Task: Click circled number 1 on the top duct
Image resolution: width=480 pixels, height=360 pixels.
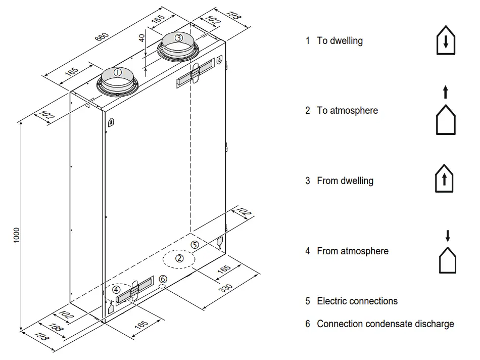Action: tap(117, 72)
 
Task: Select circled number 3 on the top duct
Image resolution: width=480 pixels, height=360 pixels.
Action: tap(178, 37)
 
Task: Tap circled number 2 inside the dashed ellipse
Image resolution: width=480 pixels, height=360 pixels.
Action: tap(179, 258)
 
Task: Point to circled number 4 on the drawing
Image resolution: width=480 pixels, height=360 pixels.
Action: tap(117, 290)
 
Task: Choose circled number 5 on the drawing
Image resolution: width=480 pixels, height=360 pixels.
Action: tap(196, 244)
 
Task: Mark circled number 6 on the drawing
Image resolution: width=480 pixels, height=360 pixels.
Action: tap(162, 279)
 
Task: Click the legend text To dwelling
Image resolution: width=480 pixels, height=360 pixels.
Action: tap(340, 41)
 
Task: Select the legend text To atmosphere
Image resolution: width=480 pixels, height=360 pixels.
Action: tap(347, 110)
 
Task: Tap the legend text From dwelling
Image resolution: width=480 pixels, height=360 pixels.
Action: tap(345, 181)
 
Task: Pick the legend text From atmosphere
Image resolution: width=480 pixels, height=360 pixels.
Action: tap(353, 251)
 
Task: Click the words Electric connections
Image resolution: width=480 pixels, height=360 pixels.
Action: tap(357, 301)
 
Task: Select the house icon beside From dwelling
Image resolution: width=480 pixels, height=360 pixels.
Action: tap(444, 179)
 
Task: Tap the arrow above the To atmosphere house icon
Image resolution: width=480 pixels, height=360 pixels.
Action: tap(445, 92)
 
